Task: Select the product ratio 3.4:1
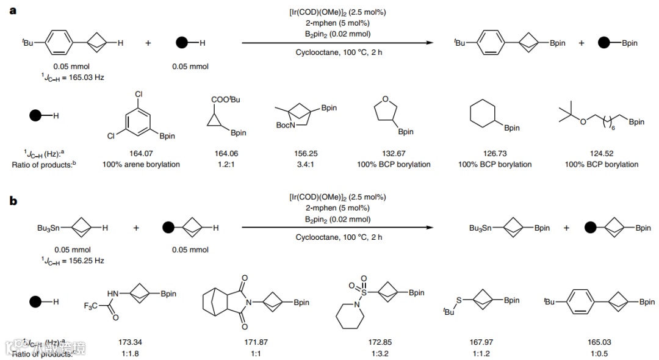(x=305, y=164)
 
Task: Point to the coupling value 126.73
(x=494, y=154)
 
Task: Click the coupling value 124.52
(x=601, y=154)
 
